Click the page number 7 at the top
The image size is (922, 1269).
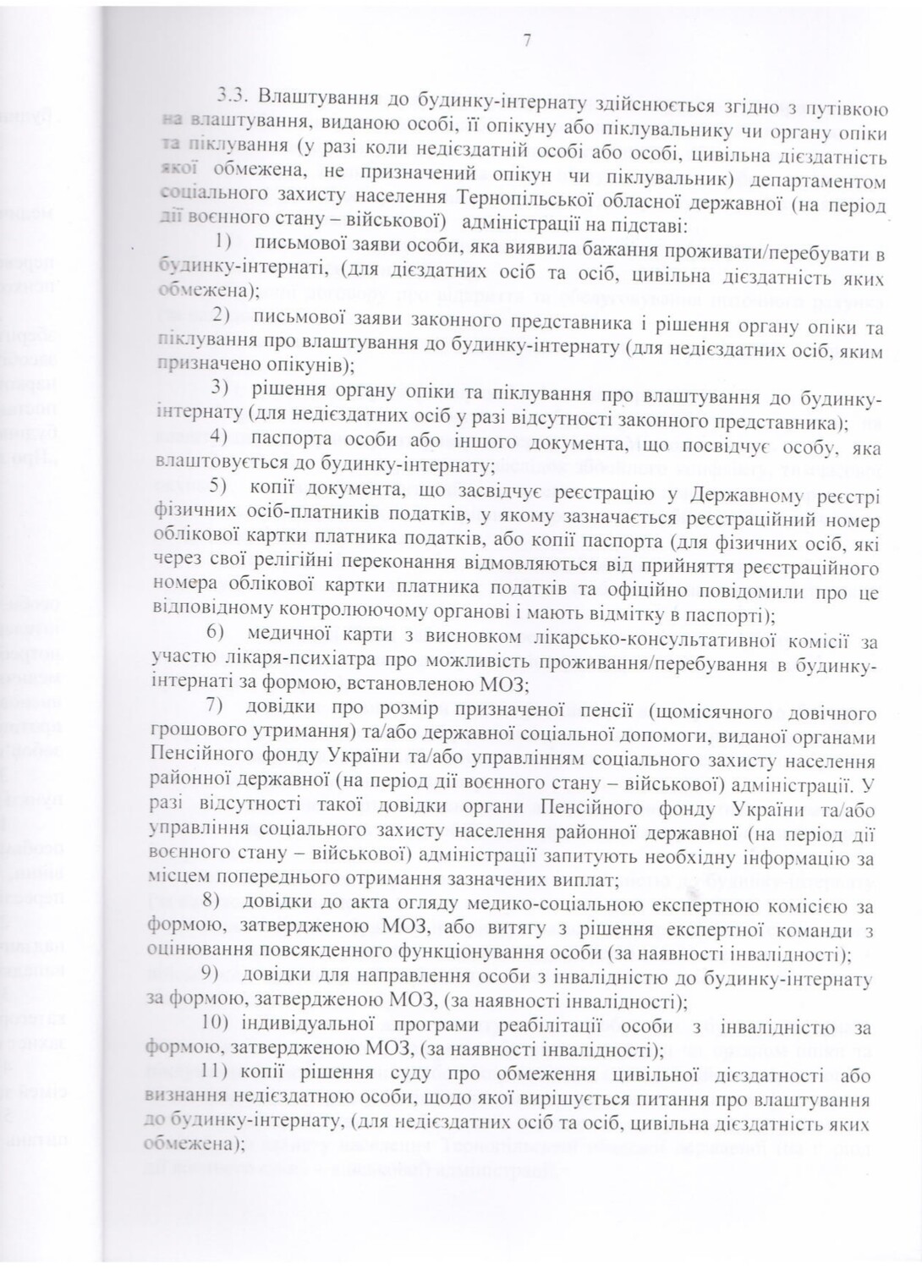[x=527, y=40]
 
